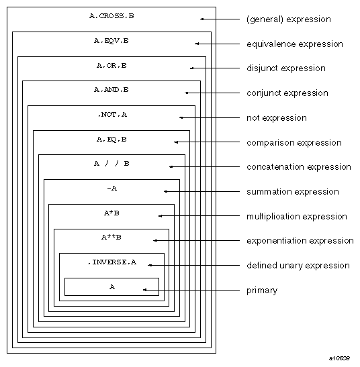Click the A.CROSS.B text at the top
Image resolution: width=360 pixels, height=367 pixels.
click(x=111, y=16)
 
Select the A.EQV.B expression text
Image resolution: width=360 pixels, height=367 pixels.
click(x=111, y=41)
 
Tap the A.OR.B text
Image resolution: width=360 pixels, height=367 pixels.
click(x=111, y=66)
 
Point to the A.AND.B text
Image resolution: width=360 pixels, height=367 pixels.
click(x=111, y=90)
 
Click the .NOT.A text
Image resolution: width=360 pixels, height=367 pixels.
click(x=111, y=115)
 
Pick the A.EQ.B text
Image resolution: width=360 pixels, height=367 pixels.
click(x=111, y=140)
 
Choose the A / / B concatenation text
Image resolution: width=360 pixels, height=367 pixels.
click(x=111, y=164)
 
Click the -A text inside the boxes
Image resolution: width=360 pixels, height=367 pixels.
click(x=111, y=189)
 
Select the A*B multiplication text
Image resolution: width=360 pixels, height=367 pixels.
click(x=111, y=213)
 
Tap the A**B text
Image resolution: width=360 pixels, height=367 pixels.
click(x=111, y=238)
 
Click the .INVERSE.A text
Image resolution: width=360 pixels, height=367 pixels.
click(x=111, y=262)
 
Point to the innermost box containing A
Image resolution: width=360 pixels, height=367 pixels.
click(x=111, y=286)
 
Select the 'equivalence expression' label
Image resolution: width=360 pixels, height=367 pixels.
click(x=295, y=44)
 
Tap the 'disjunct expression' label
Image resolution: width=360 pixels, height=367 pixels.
click(x=286, y=68)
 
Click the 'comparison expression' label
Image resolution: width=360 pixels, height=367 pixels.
click(x=294, y=143)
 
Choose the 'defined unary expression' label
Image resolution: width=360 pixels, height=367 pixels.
click(x=298, y=266)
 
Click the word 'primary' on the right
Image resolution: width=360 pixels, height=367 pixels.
click(x=262, y=291)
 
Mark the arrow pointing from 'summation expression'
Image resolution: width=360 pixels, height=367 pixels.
click(x=202, y=192)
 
